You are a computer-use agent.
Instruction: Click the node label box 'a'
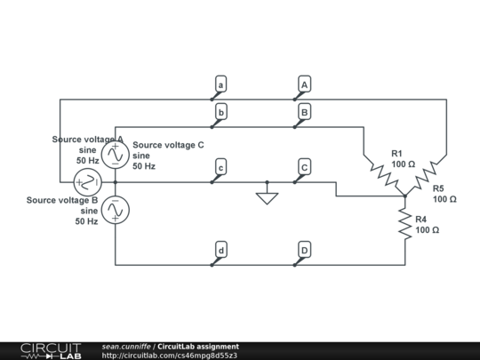pyautogui.click(x=220, y=84)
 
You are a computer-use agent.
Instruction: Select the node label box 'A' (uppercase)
pyautogui.click(x=304, y=84)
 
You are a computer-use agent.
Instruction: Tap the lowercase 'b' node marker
pyautogui.click(x=220, y=112)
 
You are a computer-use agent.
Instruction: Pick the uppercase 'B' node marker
pyautogui.click(x=304, y=112)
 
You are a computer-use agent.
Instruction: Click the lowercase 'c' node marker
pyautogui.click(x=220, y=167)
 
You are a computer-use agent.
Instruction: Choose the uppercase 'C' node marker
pyautogui.click(x=304, y=167)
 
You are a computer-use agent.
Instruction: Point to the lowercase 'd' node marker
pyautogui.click(x=220, y=251)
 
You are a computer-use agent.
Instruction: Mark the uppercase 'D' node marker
pyautogui.click(x=304, y=251)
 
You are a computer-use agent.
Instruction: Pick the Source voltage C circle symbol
pyautogui.click(x=115, y=155)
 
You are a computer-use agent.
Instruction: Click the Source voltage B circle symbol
pyautogui.click(x=115, y=210)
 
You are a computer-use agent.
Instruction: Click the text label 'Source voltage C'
pyautogui.click(x=168, y=144)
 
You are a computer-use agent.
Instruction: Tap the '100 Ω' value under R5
pyautogui.click(x=444, y=199)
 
